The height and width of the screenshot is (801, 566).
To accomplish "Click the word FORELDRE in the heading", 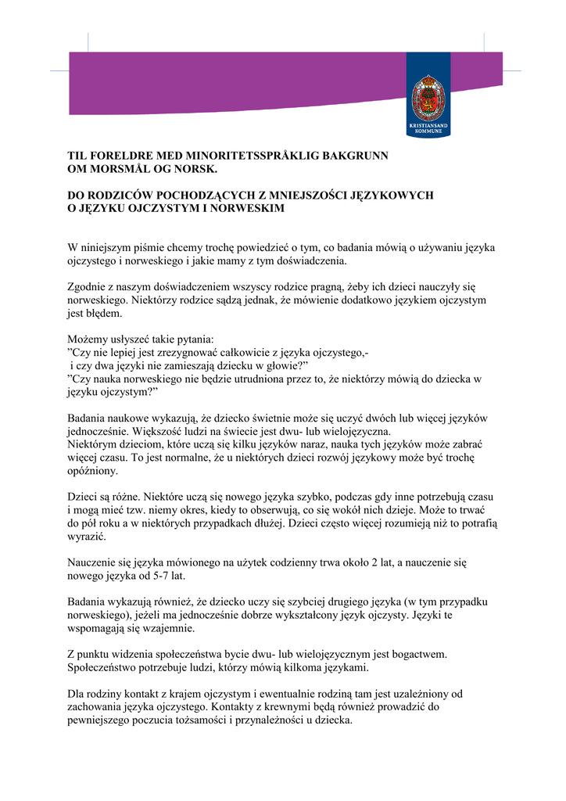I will tap(117, 156).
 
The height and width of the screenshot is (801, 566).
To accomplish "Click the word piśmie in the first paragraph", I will tap(156, 248).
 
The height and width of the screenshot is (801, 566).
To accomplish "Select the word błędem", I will tap(103, 314).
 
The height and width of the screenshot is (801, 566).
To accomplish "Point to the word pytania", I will tap(192, 340).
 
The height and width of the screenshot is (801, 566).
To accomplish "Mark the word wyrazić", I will tap(87, 537).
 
